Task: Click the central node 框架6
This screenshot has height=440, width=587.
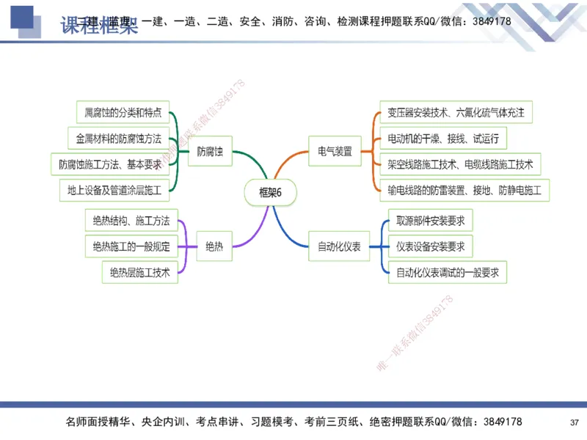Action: click(x=270, y=192)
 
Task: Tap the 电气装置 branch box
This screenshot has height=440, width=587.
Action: click(x=335, y=152)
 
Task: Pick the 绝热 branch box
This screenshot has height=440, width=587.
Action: click(x=214, y=246)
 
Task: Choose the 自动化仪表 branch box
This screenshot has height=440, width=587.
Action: click(x=339, y=246)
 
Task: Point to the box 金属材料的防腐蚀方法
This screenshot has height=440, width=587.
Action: click(x=117, y=137)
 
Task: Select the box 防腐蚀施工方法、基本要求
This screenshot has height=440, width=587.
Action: click(x=110, y=164)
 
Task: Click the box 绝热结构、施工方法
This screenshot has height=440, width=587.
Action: click(x=131, y=220)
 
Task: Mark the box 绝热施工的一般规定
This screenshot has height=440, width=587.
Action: click(x=131, y=246)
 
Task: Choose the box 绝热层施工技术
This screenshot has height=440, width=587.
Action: click(x=139, y=273)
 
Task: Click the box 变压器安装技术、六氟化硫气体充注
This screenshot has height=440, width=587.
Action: click(x=456, y=112)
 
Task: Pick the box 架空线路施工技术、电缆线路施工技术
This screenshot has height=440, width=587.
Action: click(x=460, y=164)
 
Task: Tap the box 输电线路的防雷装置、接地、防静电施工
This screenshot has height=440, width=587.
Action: click(x=464, y=191)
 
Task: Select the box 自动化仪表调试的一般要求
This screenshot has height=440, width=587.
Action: click(x=448, y=273)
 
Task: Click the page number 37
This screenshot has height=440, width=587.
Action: click(x=574, y=422)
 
